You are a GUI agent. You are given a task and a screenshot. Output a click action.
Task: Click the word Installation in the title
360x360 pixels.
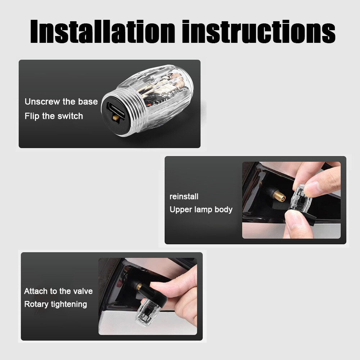(x=103, y=31)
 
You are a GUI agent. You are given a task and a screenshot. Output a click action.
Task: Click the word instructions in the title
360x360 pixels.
(x=259, y=31)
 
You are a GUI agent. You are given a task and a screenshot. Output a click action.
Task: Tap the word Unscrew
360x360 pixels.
(x=42, y=102)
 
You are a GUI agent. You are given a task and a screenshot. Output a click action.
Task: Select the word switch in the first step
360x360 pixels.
(x=70, y=116)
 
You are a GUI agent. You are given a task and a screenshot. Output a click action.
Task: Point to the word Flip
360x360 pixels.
(x=32, y=116)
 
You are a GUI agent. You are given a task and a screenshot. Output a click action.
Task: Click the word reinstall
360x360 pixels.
(x=184, y=197)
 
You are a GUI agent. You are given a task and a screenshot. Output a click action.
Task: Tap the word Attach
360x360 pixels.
(x=36, y=291)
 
